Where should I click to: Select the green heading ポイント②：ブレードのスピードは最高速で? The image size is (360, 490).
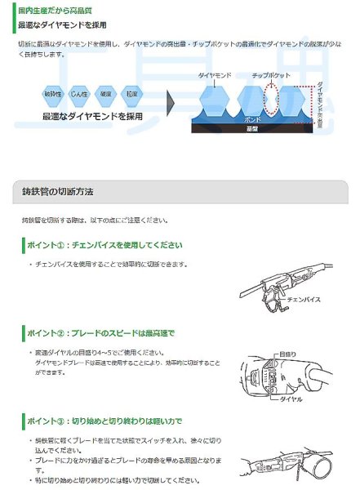point(98,333)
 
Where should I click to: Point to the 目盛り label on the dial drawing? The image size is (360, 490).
point(287,354)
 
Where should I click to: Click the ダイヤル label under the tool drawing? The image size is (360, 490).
point(292,399)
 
